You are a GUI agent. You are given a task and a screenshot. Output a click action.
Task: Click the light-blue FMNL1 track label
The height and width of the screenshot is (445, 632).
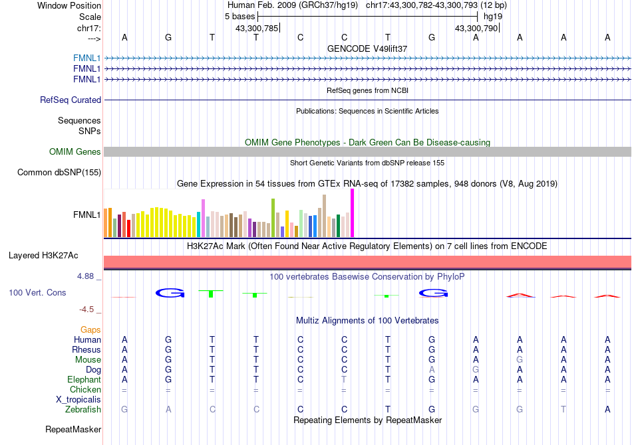86,58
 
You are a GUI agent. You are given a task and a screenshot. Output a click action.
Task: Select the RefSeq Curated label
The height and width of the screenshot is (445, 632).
71,100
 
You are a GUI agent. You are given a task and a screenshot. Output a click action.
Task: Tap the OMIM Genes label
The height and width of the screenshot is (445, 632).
75,151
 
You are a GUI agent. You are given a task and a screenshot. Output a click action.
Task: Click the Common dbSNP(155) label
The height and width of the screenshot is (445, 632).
59,172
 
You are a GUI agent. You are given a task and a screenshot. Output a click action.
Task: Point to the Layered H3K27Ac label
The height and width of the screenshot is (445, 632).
43,256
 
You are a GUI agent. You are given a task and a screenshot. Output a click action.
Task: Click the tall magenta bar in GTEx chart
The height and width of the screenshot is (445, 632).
353,213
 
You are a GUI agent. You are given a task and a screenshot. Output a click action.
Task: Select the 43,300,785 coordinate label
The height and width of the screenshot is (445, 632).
257,28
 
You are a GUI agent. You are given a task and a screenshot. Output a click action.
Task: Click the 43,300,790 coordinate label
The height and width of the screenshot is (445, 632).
476,28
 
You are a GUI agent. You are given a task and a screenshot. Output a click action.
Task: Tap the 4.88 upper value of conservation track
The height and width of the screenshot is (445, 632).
85,276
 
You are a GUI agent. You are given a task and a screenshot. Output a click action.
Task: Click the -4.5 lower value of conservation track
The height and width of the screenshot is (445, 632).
86,310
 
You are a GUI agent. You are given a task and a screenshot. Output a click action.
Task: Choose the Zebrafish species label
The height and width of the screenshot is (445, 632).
83,410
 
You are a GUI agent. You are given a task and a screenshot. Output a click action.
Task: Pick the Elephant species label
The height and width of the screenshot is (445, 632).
84,380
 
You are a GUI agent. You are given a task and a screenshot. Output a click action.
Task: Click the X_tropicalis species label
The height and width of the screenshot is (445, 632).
79,400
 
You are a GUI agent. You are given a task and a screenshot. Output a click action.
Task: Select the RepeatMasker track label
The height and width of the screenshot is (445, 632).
73,430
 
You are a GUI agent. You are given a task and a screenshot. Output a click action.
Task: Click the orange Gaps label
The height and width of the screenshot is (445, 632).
90,330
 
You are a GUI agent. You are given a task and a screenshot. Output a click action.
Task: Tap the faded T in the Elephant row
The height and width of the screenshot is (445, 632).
344,379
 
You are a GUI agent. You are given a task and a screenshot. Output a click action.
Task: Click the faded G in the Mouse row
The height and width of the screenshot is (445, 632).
520,360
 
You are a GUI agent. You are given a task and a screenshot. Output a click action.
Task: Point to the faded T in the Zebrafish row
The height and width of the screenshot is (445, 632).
563,410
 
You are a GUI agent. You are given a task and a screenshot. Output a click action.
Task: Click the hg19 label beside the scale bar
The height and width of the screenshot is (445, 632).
493,17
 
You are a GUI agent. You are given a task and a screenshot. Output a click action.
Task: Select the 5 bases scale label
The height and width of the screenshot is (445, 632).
239,17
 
